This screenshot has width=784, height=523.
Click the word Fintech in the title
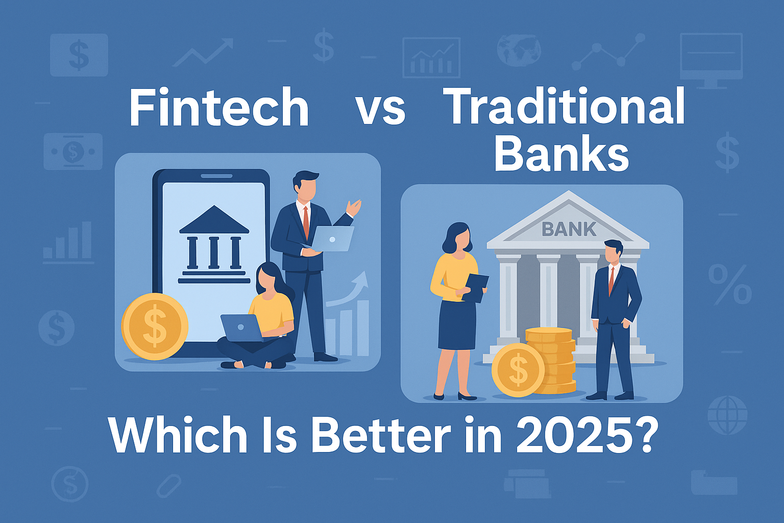tap(219, 107)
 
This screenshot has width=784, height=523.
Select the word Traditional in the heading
tap(563, 105)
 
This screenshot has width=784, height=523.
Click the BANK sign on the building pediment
tap(569, 229)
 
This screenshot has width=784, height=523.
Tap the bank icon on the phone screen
tap(214, 244)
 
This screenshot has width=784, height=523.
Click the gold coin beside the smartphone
tap(155, 326)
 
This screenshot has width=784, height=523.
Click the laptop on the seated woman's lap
tap(241, 328)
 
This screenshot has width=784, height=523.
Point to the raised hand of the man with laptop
tap(353, 207)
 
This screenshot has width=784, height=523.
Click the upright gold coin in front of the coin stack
tap(518, 370)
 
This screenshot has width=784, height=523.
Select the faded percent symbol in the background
tap(730, 284)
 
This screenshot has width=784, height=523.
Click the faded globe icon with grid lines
tap(727, 415)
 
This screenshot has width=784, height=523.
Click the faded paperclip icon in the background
tap(169, 486)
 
